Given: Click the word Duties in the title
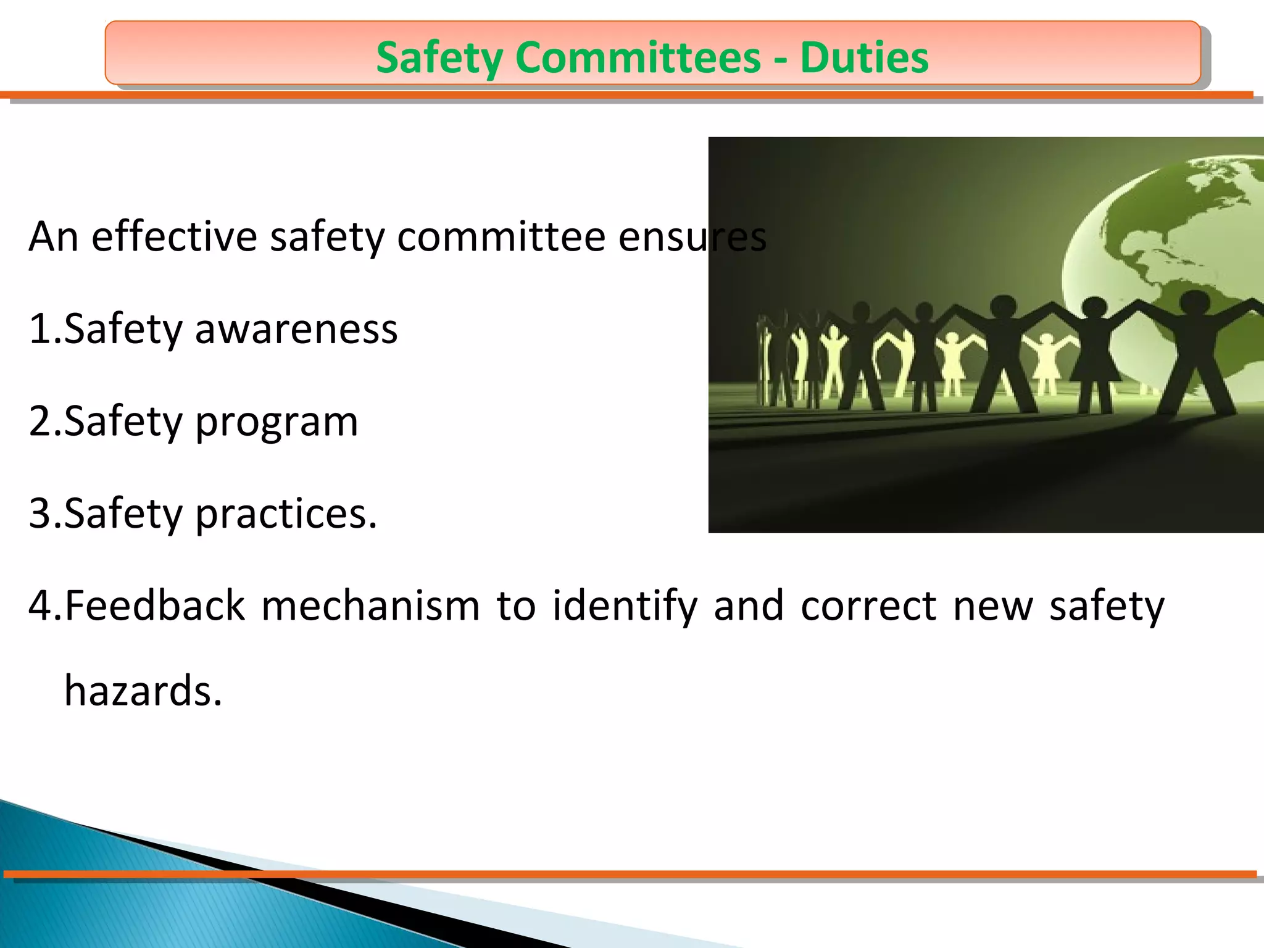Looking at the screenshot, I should coord(864,57).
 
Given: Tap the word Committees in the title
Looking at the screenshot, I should coord(638,57).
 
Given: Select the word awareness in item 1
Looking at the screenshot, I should coord(296,328).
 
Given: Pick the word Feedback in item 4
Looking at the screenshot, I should coord(155,605).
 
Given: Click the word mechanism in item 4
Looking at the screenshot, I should coord(371,606).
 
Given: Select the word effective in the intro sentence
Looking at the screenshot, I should coord(174,236).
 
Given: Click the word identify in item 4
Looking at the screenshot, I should coord(625,606).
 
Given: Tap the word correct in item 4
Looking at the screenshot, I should coord(869,606).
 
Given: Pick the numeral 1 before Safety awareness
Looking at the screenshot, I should coord(39,329).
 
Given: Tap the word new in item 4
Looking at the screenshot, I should coord(993,606).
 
